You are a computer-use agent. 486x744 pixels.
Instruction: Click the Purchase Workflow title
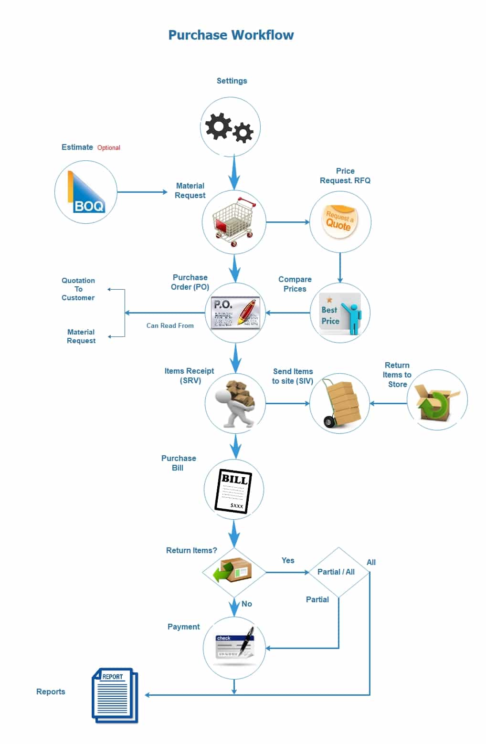click(x=231, y=35)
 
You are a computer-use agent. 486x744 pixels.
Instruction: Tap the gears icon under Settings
click(x=229, y=127)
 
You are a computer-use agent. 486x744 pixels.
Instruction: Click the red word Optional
click(x=109, y=147)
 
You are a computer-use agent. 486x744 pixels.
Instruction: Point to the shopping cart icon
click(x=234, y=221)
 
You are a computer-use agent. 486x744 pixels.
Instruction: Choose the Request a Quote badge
click(x=339, y=221)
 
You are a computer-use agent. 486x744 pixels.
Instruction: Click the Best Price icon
click(x=340, y=313)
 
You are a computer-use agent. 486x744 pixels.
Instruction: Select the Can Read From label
click(x=170, y=325)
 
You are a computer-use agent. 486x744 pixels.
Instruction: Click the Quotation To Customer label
click(x=78, y=289)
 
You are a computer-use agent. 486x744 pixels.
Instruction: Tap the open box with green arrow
click(x=436, y=401)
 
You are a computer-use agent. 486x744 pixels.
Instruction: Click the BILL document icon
click(x=233, y=491)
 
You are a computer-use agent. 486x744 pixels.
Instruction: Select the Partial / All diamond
click(x=339, y=572)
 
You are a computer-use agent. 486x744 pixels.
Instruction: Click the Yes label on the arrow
click(x=288, y=560)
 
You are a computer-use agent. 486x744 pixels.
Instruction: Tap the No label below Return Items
click(x=246, y=604)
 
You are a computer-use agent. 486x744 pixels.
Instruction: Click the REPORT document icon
click(x=115, y=695)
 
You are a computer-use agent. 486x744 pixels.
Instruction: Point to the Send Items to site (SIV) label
click(x=293, y=376)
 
